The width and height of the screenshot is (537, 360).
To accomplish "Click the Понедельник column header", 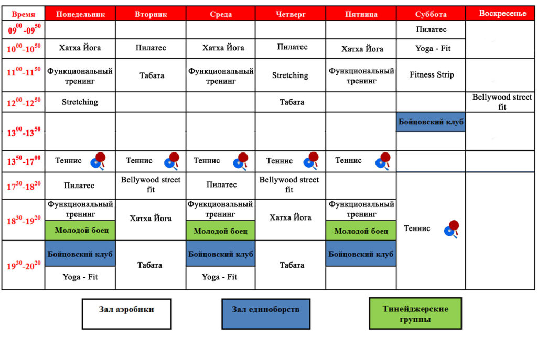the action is tap(80, 14).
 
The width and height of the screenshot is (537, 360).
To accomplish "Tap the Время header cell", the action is tap(23, 14).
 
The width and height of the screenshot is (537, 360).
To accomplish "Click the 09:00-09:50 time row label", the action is tap(24, 29).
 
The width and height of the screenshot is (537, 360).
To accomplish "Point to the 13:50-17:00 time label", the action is tap(24, 161).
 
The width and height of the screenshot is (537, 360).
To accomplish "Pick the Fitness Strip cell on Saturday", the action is tap(432, 74).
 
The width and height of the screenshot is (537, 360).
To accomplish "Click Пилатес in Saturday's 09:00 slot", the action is tap(431, 29).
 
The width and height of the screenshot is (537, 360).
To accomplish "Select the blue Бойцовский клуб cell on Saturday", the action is tap(431, 122).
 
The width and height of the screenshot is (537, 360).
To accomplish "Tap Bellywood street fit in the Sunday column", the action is tap(502, 102).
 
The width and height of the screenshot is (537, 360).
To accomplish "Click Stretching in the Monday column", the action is tap(80, 102).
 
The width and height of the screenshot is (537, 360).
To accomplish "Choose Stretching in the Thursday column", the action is tap(290, 75).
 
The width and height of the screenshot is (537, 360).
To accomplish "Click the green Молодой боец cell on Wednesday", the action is tap(221, 231).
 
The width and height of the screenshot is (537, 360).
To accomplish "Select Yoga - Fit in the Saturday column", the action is tap(433, 48).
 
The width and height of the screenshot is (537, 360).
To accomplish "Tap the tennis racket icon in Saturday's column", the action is tap(452, 229).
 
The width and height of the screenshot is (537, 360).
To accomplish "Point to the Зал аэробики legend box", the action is tap(127, 314).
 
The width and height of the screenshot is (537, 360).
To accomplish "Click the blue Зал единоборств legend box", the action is tap(266, 314).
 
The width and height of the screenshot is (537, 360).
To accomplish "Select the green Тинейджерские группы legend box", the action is tap(415, 313).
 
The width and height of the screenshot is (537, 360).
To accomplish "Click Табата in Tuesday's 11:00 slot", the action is tap(152, 75).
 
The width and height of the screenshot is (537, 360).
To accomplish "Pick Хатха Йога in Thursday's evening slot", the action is tap(291, 217).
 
